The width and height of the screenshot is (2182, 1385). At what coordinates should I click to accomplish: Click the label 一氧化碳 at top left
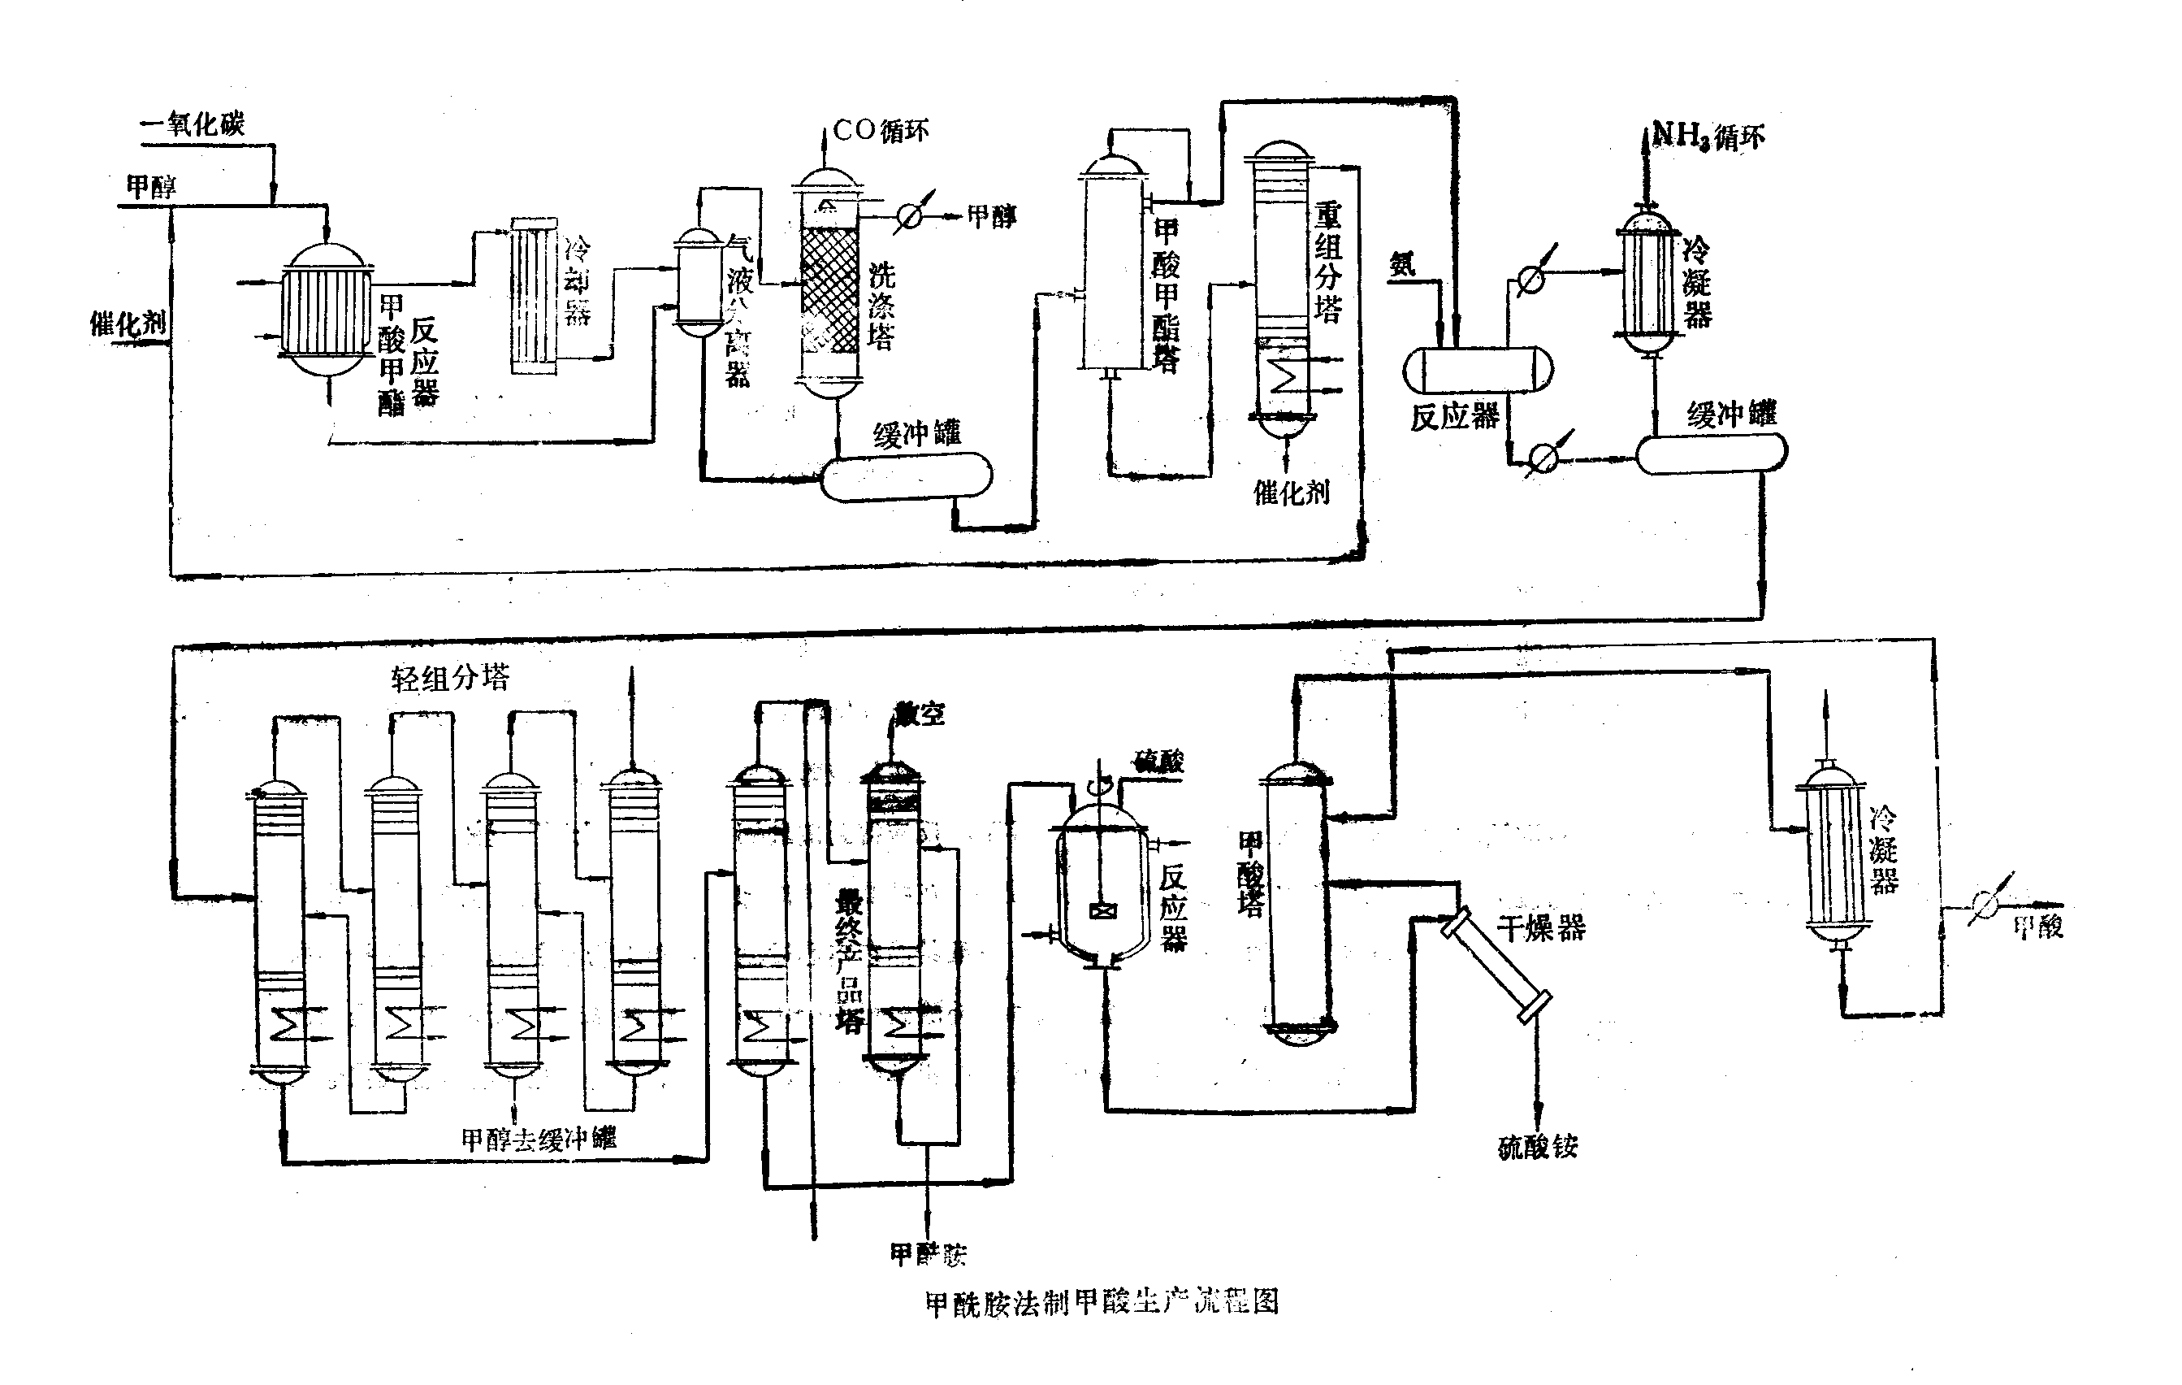point(192,123)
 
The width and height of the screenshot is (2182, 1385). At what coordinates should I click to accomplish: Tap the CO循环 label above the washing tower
point(881,131)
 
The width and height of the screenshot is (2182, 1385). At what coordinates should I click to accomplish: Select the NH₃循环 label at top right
point(1709,136)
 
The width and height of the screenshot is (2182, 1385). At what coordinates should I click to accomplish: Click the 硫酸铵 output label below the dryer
point(1538,1147)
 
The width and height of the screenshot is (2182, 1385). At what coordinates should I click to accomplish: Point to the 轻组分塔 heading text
point(450,677)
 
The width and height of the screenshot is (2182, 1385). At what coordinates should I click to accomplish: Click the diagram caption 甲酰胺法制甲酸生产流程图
point(1101,1303)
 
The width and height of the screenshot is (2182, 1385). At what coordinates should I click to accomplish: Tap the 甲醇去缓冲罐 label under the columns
point(539,1139)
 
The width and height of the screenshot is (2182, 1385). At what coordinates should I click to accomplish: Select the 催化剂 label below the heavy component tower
point(1292,493)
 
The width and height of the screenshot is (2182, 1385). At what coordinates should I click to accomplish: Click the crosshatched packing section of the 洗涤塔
point(829,290)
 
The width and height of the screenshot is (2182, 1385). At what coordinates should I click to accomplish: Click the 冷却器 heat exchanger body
point(534,294)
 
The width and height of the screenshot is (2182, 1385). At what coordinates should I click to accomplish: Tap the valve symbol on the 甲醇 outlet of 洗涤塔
point(909,215)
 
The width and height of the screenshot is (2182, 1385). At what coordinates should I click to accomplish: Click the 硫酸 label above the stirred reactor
point(1159,762)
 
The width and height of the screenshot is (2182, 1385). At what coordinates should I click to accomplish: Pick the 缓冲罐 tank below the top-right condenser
point(1711,454)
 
